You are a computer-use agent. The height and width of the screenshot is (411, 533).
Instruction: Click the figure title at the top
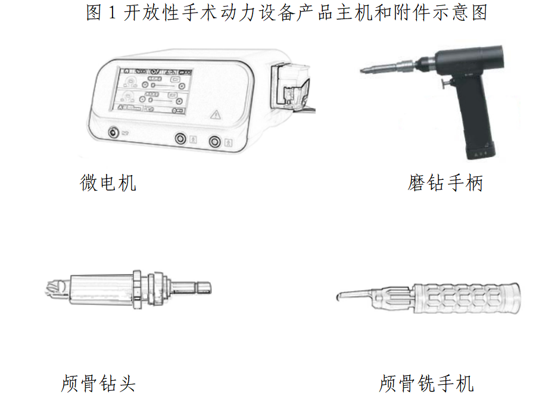coord(286,13)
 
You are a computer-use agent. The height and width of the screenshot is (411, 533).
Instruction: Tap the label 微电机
coord(108,183)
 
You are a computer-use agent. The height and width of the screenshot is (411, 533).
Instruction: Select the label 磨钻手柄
coord(445,183)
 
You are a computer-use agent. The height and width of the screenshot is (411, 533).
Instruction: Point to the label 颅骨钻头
coord(98,384)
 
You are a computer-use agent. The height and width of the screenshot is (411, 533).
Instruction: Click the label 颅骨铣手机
coord(426,384)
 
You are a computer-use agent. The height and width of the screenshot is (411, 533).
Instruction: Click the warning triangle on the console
coord(216,114)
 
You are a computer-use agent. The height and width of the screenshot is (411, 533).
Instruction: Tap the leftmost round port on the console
coord(114,132)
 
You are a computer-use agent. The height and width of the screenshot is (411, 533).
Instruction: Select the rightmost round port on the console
coord(215,141)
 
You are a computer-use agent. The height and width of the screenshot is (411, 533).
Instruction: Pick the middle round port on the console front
coord(180,138)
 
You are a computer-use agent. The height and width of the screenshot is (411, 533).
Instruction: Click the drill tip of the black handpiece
coord(364,70)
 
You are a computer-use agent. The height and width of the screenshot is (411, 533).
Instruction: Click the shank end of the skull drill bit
coord(204,288)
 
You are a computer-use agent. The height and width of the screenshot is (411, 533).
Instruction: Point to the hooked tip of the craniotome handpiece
coord(339,297)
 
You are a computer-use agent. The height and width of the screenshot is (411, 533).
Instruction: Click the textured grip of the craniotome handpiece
coord(467,298)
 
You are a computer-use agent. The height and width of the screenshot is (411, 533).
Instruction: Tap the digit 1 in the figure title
coord(112,13)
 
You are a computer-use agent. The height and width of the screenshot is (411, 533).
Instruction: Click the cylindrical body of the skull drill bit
coord(101,289)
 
